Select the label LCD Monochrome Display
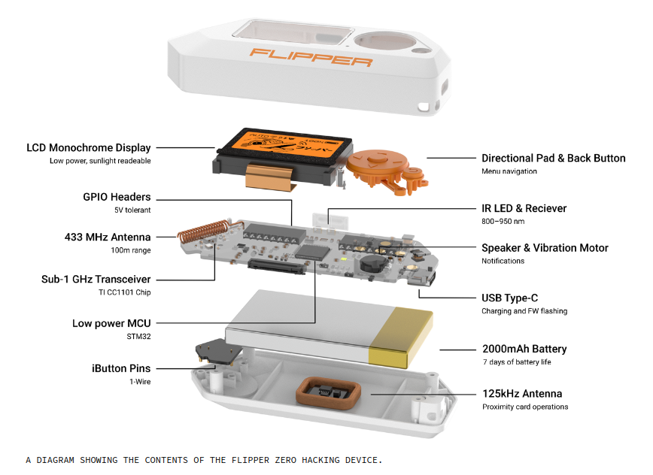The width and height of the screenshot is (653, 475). click(89, 148)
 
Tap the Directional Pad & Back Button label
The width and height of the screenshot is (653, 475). click(553, 159)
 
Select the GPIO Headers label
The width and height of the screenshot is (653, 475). click(117, 198)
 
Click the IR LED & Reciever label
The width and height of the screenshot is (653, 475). click(524, 208)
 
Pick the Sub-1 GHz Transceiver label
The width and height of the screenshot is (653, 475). click(96, 280)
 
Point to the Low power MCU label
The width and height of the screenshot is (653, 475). click(111, 324)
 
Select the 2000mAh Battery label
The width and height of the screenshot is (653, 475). click(524, 349)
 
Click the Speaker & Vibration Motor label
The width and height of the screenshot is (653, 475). click(545, 248)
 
